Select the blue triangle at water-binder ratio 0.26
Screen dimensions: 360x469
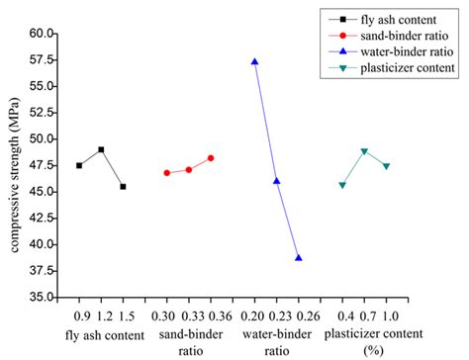click(298, 257)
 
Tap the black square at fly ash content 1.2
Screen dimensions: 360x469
click(101, 149)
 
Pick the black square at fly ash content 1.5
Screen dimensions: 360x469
click(123, 186)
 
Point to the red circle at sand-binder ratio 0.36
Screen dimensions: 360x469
click(211, 158)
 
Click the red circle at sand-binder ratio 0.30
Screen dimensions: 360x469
click(166, 173)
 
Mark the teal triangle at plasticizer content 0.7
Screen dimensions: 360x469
click(364, 151)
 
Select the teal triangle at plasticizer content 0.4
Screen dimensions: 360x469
click(342, 185)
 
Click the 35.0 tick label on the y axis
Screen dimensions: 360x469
click(40, 297)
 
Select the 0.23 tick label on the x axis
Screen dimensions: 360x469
click(276, 315)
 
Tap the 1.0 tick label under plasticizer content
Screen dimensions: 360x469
click(387, 315)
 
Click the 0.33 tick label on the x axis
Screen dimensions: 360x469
click(188, 315)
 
